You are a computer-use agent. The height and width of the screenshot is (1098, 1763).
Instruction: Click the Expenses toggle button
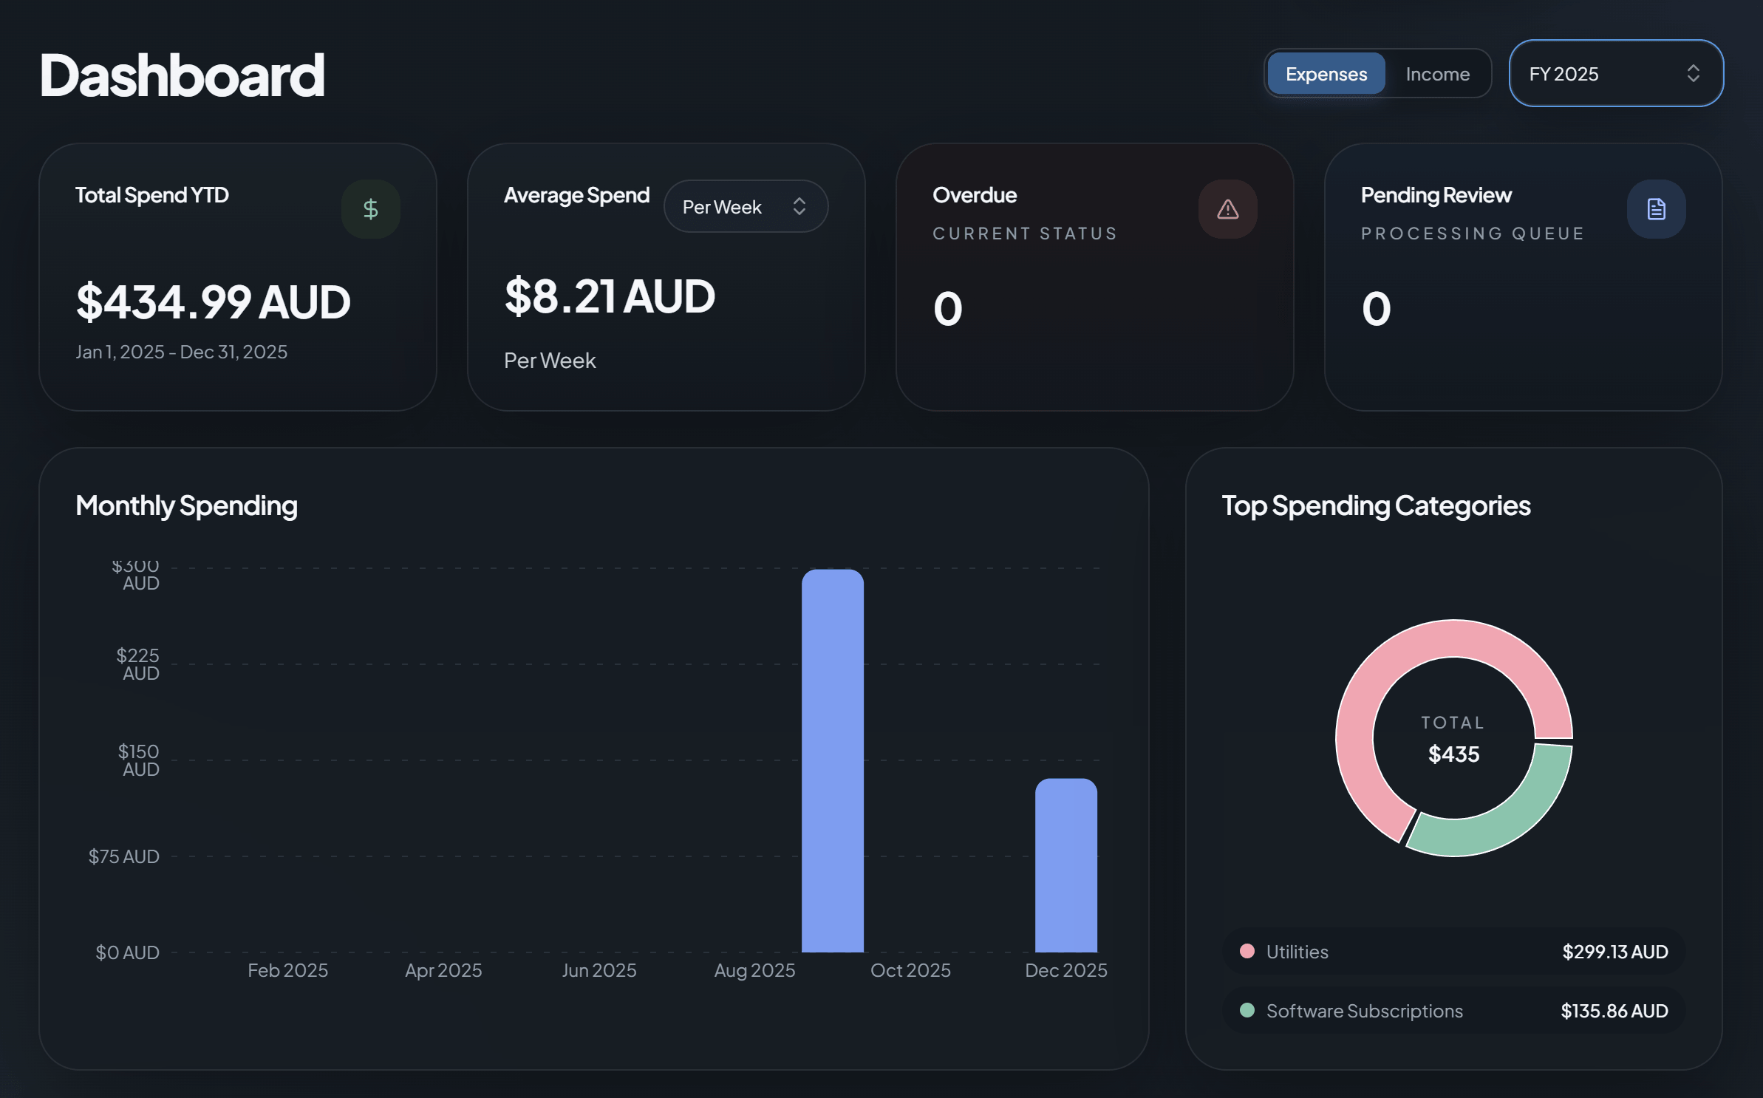[x=1326, y=74]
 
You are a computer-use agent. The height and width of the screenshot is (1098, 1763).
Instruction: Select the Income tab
[x=1437, y=74]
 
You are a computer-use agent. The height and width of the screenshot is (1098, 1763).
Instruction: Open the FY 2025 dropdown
[x=1615, y=74]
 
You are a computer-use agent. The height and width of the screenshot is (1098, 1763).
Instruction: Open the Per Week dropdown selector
[x=745, y=207]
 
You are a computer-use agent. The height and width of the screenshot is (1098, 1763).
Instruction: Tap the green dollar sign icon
[x=371, y=209]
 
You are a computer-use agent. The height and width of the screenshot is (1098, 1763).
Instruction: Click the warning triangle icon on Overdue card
[x=1227, y=209]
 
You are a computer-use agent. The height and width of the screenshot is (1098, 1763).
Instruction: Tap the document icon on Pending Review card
[x=1656, y=209]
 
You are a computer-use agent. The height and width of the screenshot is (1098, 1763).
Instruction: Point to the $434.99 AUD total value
[x=213, y=302]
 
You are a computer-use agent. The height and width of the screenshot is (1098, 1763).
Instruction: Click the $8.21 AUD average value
[x=610, y=296]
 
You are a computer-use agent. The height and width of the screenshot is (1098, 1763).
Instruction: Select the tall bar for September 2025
[x=833, y=761]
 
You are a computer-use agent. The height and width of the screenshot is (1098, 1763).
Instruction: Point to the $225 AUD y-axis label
[x=138, y=664]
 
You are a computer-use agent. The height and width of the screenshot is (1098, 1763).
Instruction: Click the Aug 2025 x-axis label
[x=754, y=970]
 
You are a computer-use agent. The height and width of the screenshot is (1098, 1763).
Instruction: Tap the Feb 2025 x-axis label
[x=287, y=970]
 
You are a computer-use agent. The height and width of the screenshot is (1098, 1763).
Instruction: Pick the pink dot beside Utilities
[x=1247, y=951]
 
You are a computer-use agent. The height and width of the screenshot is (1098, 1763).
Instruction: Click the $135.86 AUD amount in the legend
[x=1614, y=1011]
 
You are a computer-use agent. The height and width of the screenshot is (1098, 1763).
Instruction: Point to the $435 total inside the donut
[x=1453, y=754]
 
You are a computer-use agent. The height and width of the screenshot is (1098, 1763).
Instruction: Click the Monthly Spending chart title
[x=186, y=506]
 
